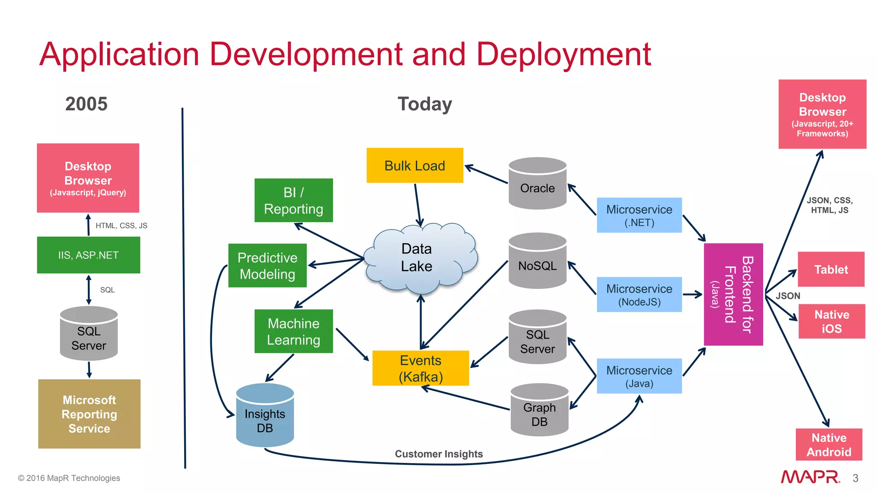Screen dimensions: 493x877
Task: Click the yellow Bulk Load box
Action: [415, 165]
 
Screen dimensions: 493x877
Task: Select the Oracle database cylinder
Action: [537, 184]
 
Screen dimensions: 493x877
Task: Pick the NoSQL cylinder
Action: [537, 262]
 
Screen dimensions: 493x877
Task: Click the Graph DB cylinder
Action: [539, 411]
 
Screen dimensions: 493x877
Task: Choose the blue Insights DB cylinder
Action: [265, 416]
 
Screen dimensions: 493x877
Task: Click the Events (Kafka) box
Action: [421, 368]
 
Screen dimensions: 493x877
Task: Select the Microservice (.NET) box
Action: [639, 215]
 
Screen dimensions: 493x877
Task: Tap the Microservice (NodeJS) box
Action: [639, 294]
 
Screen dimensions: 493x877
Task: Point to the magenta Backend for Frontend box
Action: [733, 294]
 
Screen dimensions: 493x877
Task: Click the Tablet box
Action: [831, 269]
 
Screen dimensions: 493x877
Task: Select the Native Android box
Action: [829, 445]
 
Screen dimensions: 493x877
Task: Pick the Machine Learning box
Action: [293, 331]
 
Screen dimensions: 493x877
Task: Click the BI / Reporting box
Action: [293, 200]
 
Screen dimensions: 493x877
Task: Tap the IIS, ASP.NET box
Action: [88, 255]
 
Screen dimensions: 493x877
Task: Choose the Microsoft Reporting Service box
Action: [89, 414]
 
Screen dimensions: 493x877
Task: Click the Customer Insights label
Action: [438, 454]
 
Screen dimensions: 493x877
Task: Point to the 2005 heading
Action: [86, 104]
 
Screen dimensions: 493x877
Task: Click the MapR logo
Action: [810, 477]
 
